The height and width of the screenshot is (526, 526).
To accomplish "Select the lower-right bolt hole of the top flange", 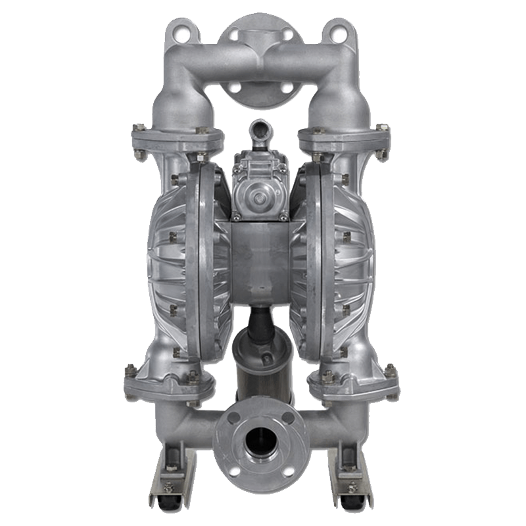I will [x=285, y=87].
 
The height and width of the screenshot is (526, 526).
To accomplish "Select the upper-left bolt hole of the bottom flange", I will [x=231, y=419].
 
